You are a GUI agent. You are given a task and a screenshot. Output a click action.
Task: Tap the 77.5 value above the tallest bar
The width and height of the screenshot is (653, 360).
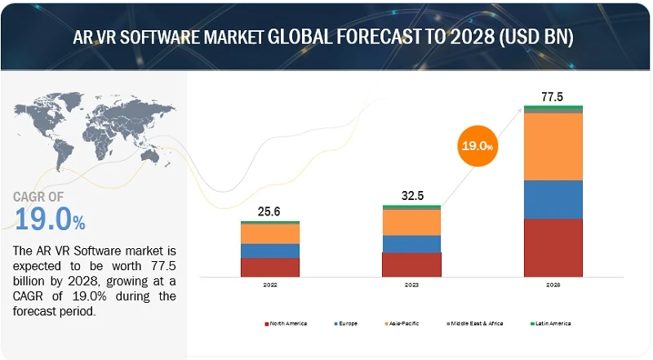(x=553, y=97)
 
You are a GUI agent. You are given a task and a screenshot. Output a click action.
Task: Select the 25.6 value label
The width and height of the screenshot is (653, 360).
(x=269, y=211)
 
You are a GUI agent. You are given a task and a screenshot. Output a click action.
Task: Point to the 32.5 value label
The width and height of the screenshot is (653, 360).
(x=411, y=195)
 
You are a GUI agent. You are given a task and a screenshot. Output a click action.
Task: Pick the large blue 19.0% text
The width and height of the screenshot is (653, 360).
(x=50, y=220)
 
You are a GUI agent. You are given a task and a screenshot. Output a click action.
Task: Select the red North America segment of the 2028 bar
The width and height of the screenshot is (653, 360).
(x=553, y=248)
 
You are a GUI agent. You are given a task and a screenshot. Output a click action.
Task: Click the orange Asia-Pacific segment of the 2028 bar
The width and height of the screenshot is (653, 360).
(x=553, y=146)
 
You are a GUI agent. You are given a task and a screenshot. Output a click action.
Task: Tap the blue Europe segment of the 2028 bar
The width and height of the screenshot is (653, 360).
(x=553, y=199)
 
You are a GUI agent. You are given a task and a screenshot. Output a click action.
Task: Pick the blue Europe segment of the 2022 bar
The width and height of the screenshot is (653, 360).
(x=269, y=251)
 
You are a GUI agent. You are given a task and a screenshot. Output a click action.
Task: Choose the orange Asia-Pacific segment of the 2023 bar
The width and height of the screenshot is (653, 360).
(x=411, y=222)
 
